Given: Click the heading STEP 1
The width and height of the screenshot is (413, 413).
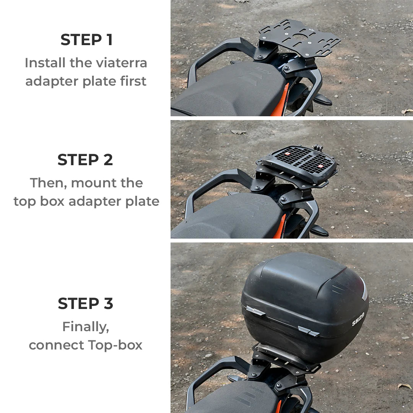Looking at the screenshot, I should pos(86,40).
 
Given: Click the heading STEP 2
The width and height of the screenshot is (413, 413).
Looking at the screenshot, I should pos(85,160).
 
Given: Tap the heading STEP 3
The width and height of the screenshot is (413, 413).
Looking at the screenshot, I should pos(86,304).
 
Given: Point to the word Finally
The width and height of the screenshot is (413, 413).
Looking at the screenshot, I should pos(86,327).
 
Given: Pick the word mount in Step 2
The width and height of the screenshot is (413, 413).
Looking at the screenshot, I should pos(92,183).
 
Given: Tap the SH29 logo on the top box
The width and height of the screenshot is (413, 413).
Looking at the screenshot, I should pos(358,319).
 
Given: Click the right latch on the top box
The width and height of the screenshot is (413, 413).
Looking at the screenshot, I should pos(308,331).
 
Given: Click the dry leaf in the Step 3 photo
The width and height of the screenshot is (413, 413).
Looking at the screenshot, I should pos(404,386).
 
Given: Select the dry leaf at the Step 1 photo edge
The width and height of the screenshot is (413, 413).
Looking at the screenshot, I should pos(407,111).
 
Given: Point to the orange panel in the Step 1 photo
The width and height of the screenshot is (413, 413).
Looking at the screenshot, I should pos(281,101).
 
